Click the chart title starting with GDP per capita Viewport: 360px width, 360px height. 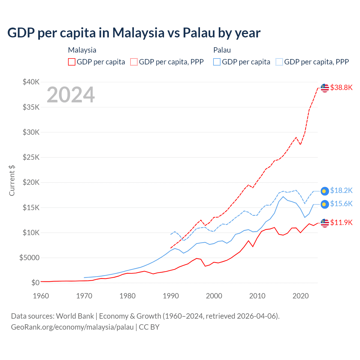(x=134, y=33)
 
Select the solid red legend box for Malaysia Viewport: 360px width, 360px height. (x=72, y=62)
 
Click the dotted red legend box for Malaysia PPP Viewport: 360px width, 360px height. (x=134, y=62)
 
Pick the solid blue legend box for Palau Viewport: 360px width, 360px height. (x=217, y=62)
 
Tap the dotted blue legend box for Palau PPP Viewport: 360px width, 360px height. (x=279, y=62)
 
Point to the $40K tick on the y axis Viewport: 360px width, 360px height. (x=31, y=82)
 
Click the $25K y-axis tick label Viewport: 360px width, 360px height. (x=31, y=157)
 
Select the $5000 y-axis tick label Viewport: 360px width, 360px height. (x=30, y=258)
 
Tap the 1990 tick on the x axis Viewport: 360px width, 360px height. (x=171, y=296)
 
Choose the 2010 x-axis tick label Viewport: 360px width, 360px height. (x=257, y=296)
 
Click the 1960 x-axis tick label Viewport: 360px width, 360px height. (x=41, y=296)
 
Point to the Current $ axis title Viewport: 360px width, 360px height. (x=12, y=180)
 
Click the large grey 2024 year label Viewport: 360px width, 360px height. (x=71, y=95)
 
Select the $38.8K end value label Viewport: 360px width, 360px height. (x=341, y=87)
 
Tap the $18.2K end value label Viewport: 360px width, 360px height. (x=341, y=191)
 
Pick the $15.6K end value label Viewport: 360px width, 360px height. (x=341, y=204)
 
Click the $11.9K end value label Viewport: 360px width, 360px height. (x=341, y=222)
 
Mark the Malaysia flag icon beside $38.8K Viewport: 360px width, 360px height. (x=325, y=88)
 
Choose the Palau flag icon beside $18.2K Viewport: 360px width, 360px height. (x=325, y=191)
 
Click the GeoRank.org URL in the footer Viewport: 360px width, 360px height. (x=72, y=327)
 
